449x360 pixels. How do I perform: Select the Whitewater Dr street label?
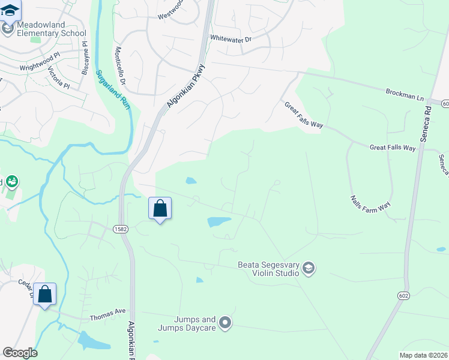[x=231, y=38]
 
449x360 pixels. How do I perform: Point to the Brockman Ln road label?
[x=405, y=94]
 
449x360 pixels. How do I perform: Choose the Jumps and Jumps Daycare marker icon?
[x=225, y=323]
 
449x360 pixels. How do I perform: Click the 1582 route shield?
[x=119, y=229]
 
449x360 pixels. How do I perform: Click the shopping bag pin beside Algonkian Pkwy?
[x=160, y=209]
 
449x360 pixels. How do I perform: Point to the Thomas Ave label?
[x=107, y=312]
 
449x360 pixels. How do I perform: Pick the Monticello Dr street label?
[x=119, y=65]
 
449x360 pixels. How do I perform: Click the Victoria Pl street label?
[x=59, y=77]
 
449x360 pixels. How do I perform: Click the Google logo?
[x=20, y=353]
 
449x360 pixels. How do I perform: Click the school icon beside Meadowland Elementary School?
[x=8, y=28]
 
